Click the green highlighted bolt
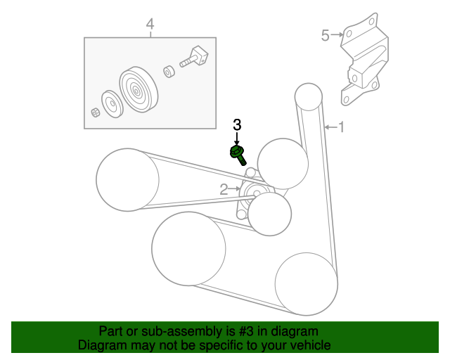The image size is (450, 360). coord(238,153)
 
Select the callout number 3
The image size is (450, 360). coord(237,125)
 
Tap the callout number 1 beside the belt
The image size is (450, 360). coord(342,127)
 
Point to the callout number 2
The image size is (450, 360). coord(224,189)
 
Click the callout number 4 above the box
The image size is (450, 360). coord(149,25)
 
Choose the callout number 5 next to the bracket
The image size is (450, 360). coord(325,34)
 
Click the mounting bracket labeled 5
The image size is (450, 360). coord(363,63)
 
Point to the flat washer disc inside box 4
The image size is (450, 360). coord(111,104)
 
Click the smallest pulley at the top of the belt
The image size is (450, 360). coord(308,97)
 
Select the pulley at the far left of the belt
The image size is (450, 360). coord(128,179)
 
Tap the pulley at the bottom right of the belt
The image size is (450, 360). coord(307,284)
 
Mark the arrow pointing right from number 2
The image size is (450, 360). coord(236,189)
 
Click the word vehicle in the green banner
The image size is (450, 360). coord(310,345)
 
